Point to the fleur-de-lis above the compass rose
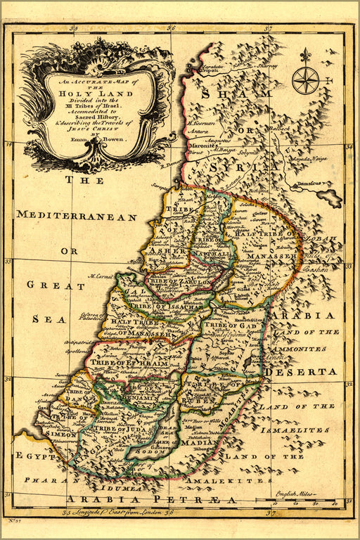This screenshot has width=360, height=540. tap(305, 55)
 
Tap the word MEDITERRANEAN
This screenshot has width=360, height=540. tap(77, 217)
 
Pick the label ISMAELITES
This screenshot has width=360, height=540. tap(294, 429)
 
